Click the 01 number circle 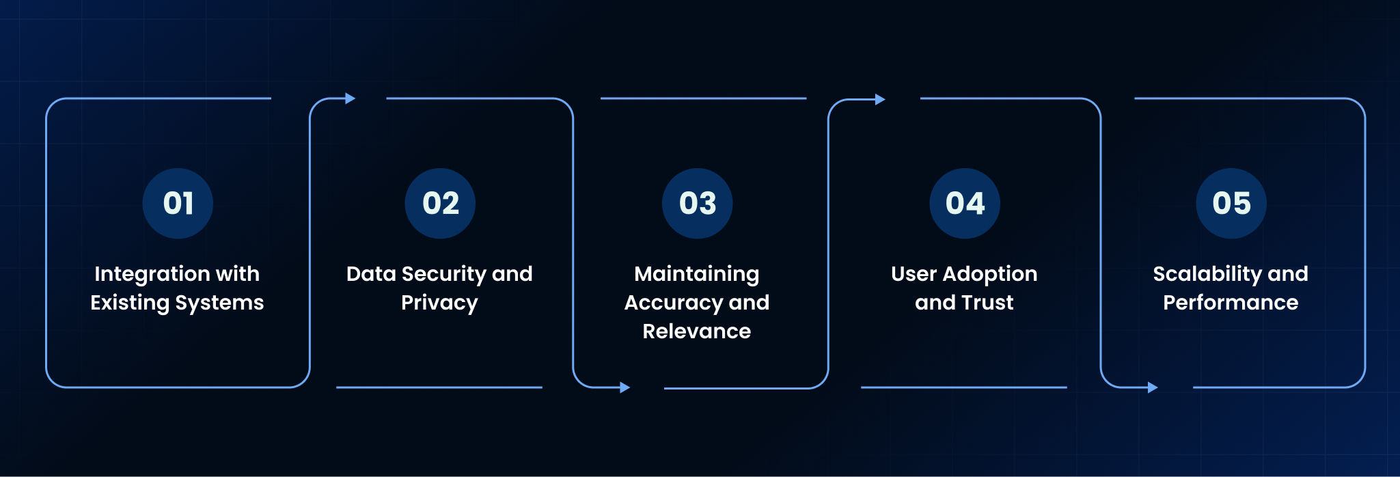tap(178, 204)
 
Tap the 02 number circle tap(440, 204)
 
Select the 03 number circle tap(697, 204)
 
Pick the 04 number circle tap(965, 204)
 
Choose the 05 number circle tap(1231, 204)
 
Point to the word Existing tap(130, 303)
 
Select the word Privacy tap(439, 303)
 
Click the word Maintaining tap(697, 275)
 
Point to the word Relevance tap(697, 331)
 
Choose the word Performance tap(1231, 303)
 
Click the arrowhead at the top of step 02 tap(351, 98)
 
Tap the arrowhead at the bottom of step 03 tap(624, 388)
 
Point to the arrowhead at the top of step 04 tap(880, 100)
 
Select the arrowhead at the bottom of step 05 tap(1153, 388)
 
